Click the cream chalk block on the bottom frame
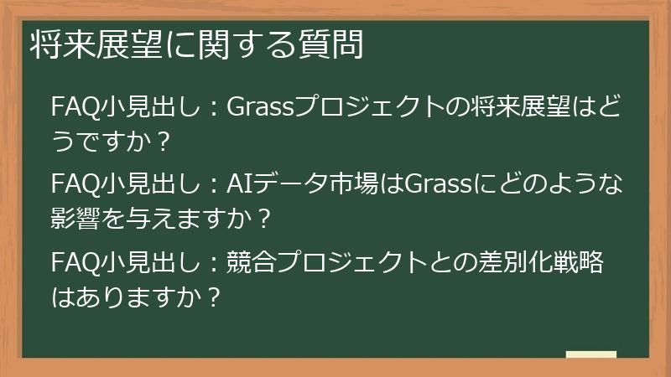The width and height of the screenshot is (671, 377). (590, 355)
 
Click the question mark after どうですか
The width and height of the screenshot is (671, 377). (164, 142)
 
